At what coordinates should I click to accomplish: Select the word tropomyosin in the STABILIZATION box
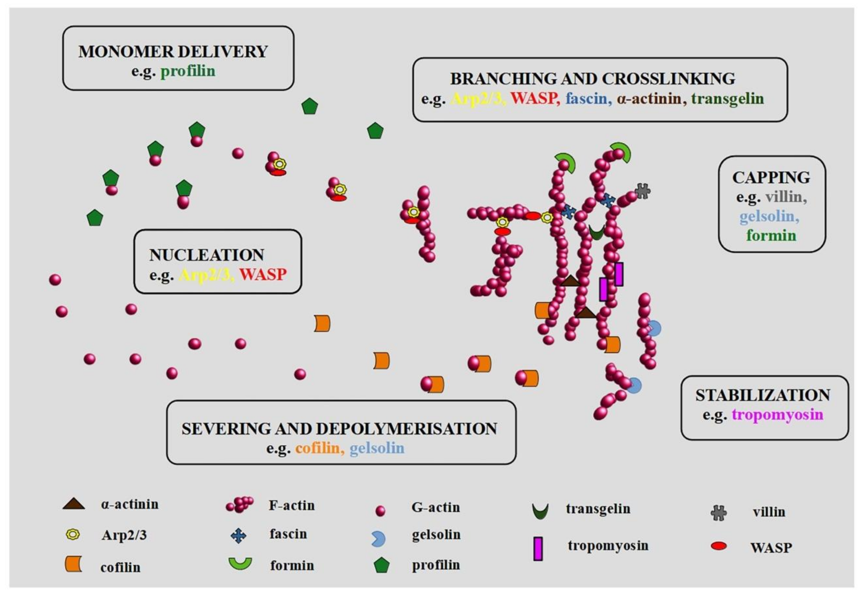777,414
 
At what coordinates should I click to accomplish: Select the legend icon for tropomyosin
538,548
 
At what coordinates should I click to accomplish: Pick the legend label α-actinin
129,504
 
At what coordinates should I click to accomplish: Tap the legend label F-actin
292,505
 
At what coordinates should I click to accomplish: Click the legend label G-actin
436,508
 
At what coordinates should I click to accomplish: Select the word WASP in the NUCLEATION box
263,275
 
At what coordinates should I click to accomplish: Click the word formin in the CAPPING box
771,236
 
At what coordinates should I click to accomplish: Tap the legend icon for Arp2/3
73,534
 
